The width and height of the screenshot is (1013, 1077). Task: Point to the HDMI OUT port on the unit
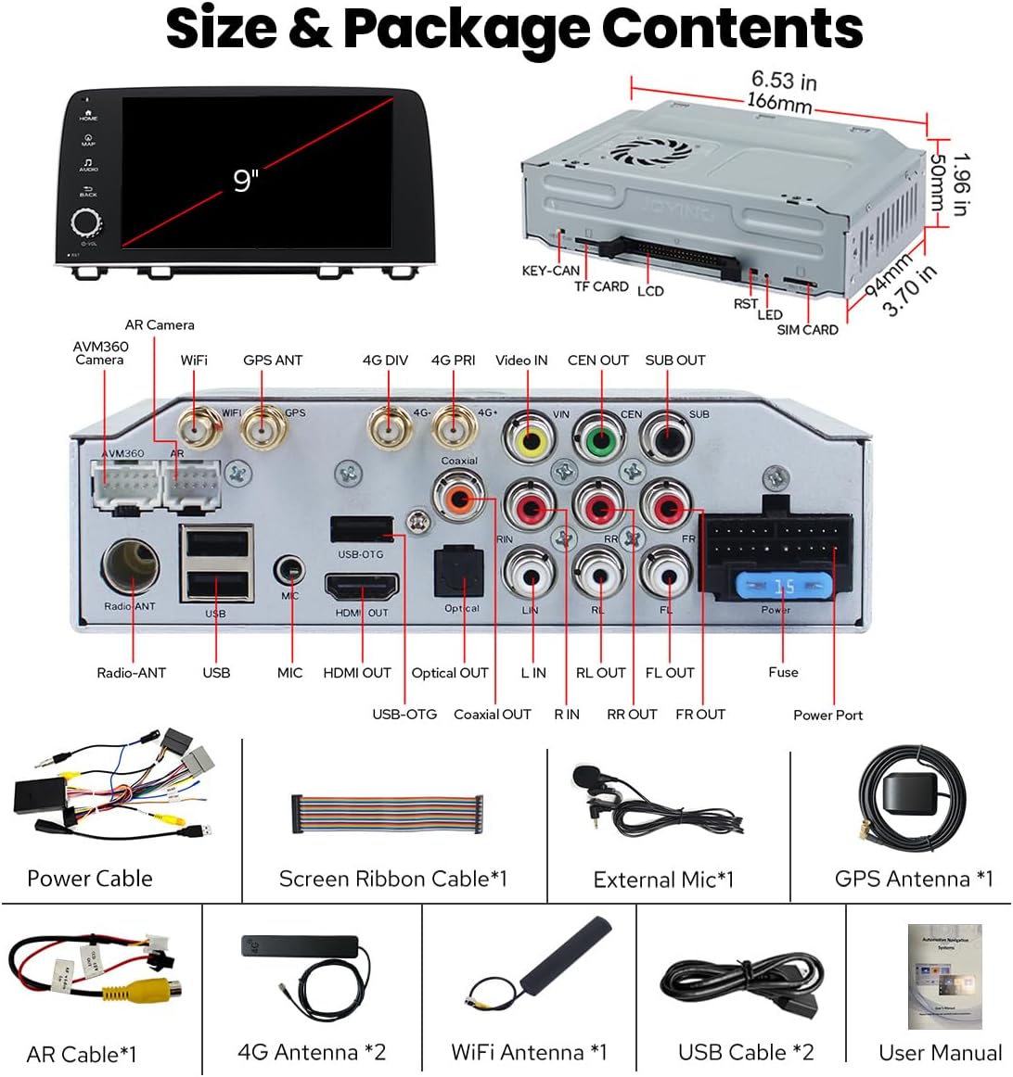(x=361, y=587)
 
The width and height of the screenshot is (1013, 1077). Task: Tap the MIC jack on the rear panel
(x=290, y=571)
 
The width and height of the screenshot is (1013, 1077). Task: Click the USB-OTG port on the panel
(x=361, y=529)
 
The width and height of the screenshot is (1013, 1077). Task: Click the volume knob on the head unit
(x=86, y=222)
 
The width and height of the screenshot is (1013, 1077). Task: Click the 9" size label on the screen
(x=245, y=179)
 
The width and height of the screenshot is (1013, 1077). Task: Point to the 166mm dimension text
(x=779, y=102)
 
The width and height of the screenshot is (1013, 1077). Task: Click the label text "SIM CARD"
(x=807, y=330)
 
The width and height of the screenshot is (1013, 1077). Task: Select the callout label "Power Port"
(x=827, y=715)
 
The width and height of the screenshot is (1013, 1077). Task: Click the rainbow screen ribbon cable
(x=387, y=814)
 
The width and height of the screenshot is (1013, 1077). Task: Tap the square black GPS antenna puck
(x=908, y=794)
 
